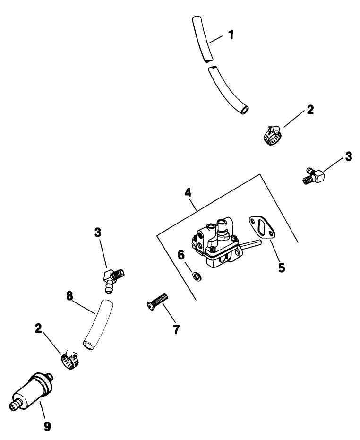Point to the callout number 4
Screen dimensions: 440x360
point(188,193)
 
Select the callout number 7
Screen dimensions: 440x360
point(176,329)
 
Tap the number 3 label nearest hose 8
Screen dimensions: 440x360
point(98,233)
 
